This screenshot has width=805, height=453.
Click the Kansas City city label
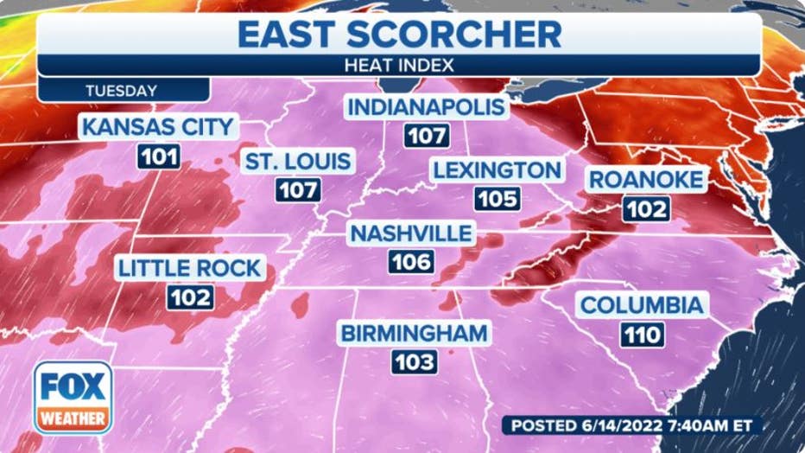pyautogui.click(x=158, y=127)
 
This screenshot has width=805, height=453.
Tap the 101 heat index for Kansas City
pyautogui.click(x=158, y=157)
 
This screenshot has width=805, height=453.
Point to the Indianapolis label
pyautogui.click(x=426, y=107)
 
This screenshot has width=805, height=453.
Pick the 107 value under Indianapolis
pyautogui.click(x=426, y=136)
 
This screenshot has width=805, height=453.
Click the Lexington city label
pyautogui.click(x=497, y=170)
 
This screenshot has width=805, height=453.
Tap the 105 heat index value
pyautogui.click(x=497, y=200)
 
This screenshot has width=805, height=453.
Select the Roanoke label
pyautogui.click(x=647, y=180)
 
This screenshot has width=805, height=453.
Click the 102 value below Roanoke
pyautogui.click(x=647, y=209)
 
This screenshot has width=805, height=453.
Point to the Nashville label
pyautogui.click(x=410, y=233)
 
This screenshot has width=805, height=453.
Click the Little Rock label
pyautogui.click(x=190, y=268)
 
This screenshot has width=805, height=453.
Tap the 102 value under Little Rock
pyautogui.click(x=190, y=297)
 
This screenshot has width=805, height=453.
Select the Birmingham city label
pyautogui.click(x=414, y=333)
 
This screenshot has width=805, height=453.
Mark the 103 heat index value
pyautogui.click(x=414, y=362)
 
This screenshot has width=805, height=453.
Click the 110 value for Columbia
pyautogui.click(x=641, y=334)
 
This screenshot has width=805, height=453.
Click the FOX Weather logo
pyautogui.click(x=73, y=397)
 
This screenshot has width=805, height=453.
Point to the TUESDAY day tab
pyautogui.click(x=122, y=90)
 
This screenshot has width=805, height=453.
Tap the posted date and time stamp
pyautogui.click(x=632, y=425)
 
